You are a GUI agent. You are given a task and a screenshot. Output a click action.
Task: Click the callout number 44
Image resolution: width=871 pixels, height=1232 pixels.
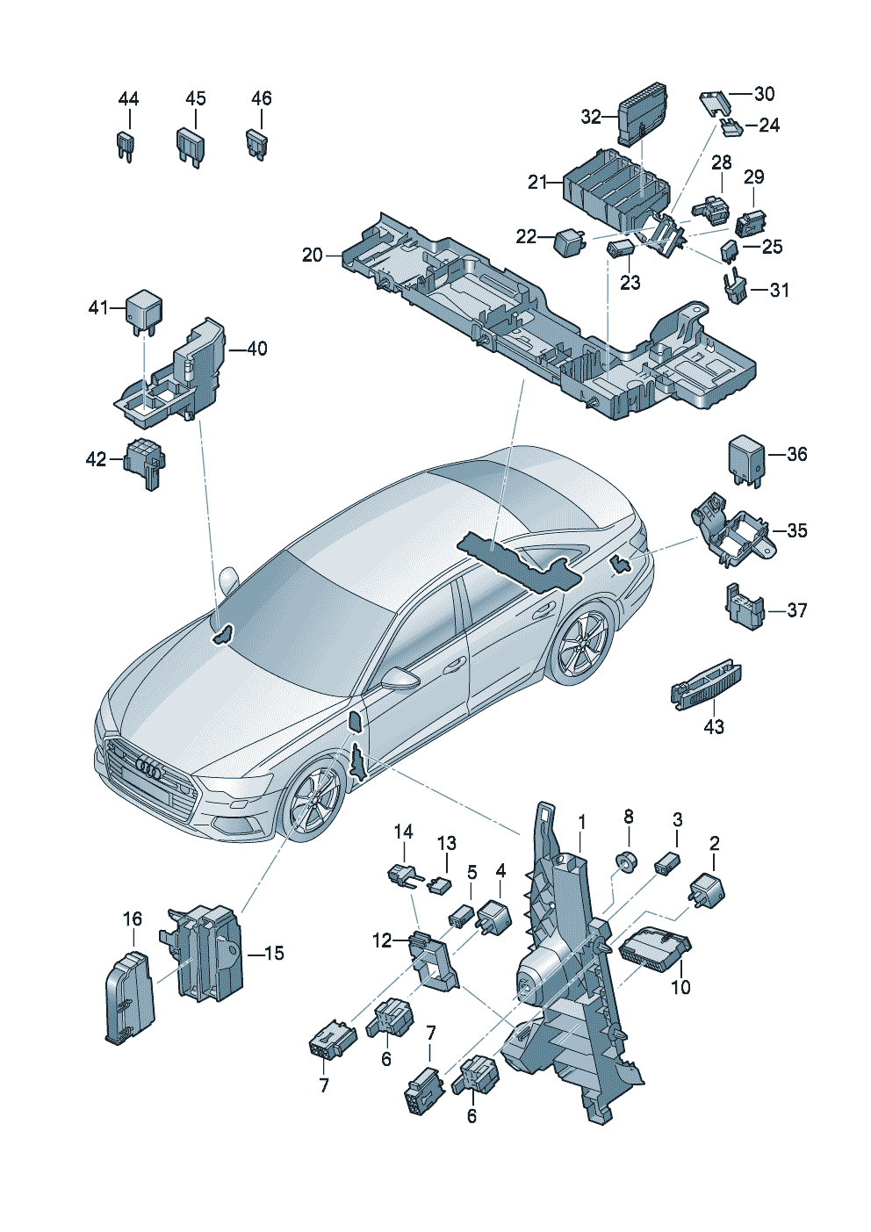point(128,99)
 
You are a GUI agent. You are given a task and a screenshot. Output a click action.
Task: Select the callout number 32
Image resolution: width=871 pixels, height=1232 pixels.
point(592,117)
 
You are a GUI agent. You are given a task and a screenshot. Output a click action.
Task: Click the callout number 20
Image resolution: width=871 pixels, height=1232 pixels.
point(313,256)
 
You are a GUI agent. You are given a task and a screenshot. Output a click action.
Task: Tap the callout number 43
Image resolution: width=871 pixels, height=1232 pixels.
point(714,727)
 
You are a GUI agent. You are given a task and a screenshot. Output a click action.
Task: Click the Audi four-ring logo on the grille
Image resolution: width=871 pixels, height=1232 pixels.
point(148,767)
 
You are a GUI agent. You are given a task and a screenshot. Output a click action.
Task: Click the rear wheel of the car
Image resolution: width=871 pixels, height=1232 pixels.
point(583,643)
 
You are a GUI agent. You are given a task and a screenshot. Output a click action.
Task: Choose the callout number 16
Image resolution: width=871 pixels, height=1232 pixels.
point(132,919)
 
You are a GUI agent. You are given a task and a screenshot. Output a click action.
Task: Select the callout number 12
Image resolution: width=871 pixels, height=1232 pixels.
point(382,941)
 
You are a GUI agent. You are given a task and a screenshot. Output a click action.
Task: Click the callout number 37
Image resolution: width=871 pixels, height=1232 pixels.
point(796,610)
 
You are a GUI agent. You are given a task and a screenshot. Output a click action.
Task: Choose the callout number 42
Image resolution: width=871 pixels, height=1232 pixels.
point(96,459)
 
